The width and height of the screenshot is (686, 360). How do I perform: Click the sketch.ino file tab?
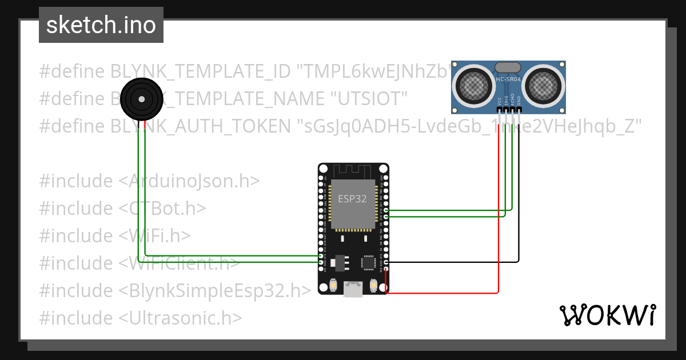(x=101, y=25)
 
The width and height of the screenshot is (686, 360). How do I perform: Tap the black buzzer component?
(x=140, y=99)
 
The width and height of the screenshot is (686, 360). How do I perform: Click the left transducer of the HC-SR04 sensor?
(x=473, y=86)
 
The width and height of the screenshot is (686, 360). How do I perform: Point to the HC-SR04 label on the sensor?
(x=509, y=79)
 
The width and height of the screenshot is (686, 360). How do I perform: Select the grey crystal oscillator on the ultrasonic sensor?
(x=508, y=67)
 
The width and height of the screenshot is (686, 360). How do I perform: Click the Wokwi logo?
(x=607, y=315)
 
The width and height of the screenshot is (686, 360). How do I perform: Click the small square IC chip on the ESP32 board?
(x=369, y=263)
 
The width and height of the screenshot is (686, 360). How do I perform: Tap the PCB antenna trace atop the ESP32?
(x=352, y=171)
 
